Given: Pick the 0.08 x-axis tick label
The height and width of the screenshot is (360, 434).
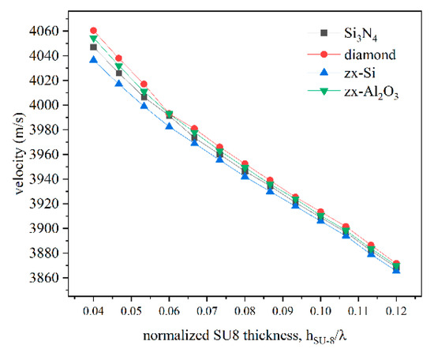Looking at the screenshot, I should tap(245, 304).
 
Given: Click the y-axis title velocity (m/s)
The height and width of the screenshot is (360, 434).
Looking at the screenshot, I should tap(18, 155).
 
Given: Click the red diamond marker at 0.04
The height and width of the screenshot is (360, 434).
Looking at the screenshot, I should tap(94, 31).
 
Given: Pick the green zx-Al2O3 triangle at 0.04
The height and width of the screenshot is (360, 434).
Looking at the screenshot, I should tap(94, 39).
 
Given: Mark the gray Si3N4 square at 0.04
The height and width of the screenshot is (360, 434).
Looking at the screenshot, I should tap(94, 47).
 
